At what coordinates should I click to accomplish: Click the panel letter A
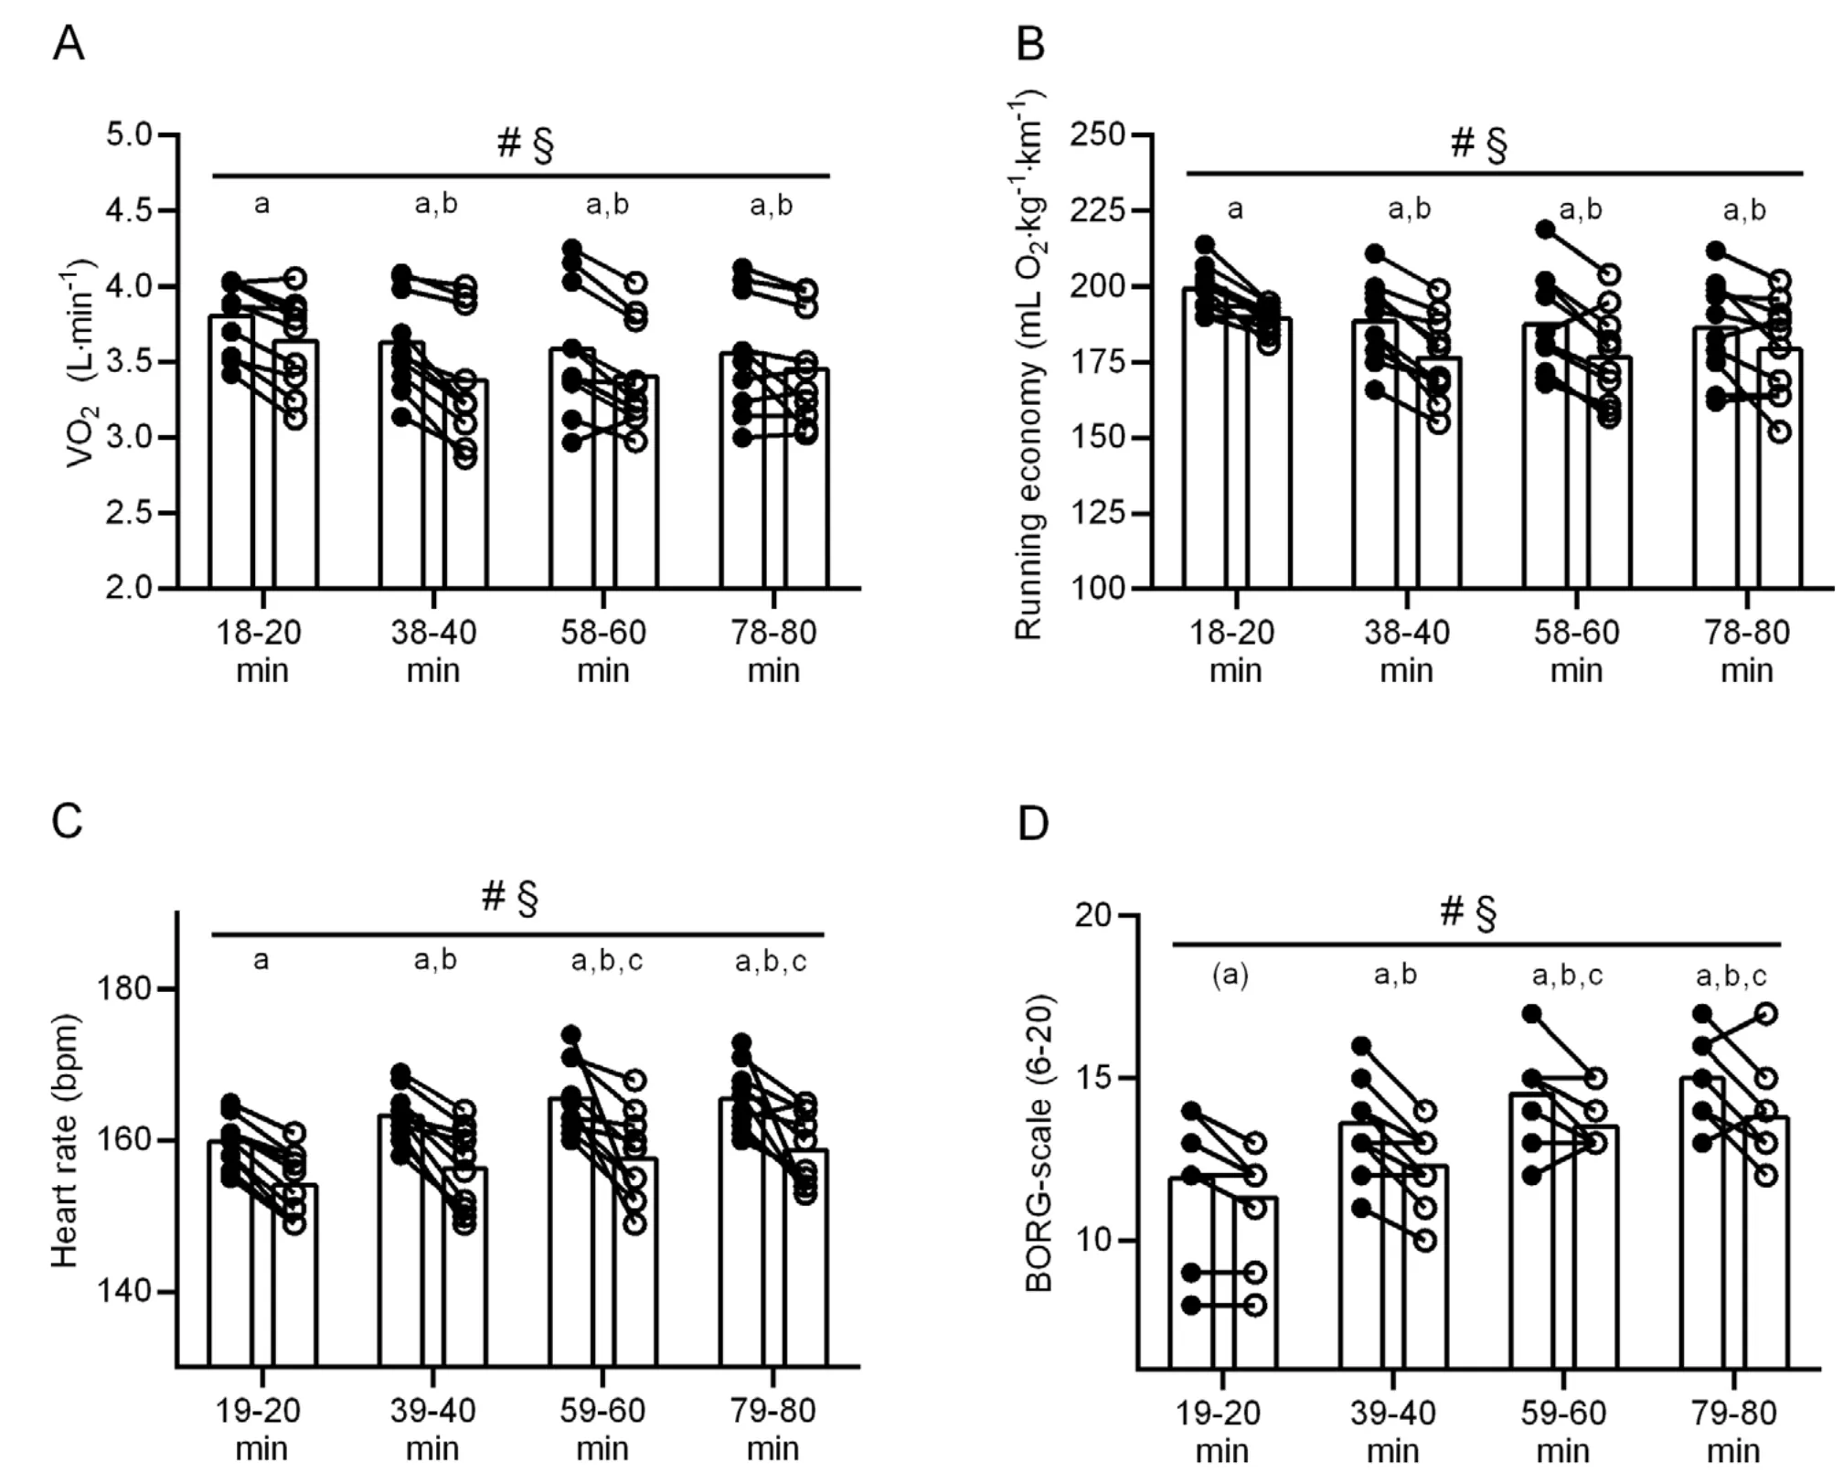[x=69, y=43]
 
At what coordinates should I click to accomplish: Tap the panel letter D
[x=1033, y=824]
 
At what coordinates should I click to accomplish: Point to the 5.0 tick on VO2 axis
[x=128, y=135]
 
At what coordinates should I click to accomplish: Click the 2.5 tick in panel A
[x=128, y=513]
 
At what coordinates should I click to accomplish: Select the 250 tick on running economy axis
[x=1102, y=135]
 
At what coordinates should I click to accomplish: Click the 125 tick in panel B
[x=1102, y=513]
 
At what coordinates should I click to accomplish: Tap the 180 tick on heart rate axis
[x=125, y=989]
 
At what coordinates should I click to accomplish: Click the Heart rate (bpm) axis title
[x=64, y=1140]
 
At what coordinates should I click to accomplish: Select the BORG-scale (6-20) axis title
[x=1039, y=1142]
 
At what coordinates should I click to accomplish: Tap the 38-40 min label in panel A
[x=433, y=651]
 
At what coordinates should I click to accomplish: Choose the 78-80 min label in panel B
[x=1747, y=651]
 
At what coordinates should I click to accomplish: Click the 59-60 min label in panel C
[x=603, y=1429]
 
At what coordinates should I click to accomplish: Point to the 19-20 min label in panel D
[x=1222, y=1431]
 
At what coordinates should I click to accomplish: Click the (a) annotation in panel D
[x=1230, y=976]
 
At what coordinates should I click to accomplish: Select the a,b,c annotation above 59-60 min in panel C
[x=607, y=961]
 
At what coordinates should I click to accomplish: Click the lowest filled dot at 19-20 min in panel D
[x=1191, y=1305]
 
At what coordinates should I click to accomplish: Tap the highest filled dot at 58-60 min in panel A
[x=572, y=248]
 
